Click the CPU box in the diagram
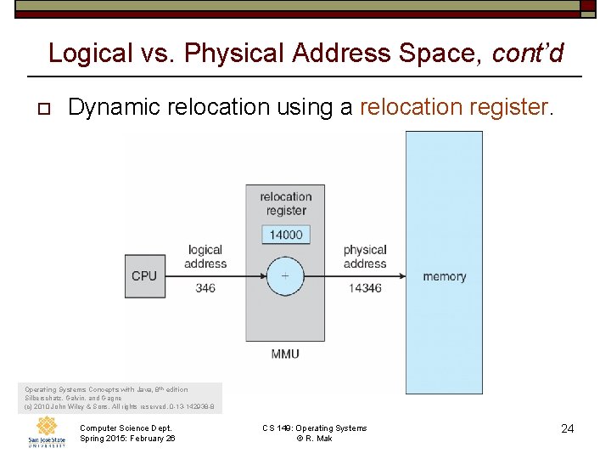click(144, 276)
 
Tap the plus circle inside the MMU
click(284, 276)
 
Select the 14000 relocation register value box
click(286, 235)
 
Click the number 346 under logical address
click(205, 288)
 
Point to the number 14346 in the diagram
click(365, 288)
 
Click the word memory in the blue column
click(444, 276)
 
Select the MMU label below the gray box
click(285, 354)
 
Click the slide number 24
click(568, 429)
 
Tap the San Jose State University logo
click(47, 431)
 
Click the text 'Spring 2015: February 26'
click(127, 439)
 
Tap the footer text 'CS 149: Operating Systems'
click(314, 428)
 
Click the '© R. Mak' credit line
click(314, 439)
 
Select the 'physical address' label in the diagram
click(365, 257)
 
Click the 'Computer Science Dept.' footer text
click(126, 428)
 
